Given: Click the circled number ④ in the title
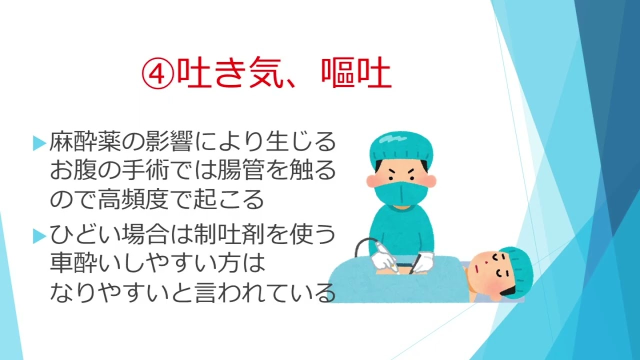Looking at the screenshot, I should pyautogui.click(x=158, y=73).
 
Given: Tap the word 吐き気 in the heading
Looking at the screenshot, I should pyautogui.click(x=224, y=73).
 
